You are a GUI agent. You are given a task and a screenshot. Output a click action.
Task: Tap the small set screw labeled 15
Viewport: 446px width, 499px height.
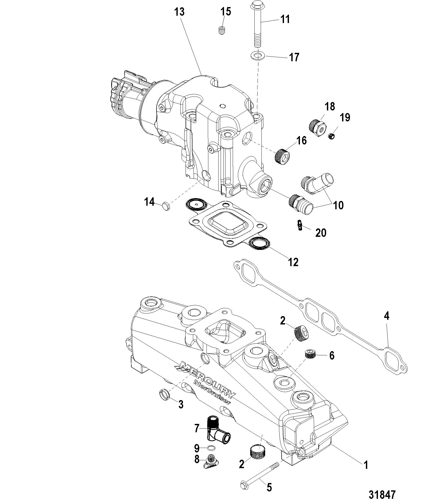[222, 31]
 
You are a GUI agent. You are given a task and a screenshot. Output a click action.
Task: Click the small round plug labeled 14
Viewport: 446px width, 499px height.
[166, 206]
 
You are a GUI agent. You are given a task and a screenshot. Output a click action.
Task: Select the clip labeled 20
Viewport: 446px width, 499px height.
[300, 225]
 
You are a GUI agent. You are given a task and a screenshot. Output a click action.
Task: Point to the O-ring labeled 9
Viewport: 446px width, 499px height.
[211, 448]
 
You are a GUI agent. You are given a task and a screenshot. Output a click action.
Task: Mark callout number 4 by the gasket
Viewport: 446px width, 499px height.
[387, 316]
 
